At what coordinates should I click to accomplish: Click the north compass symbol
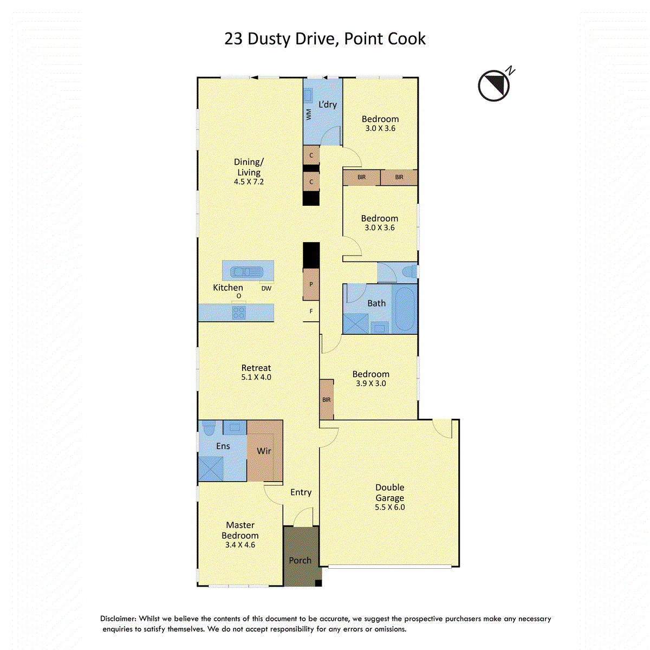point(495,86)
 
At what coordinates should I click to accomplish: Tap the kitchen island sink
point(246,271)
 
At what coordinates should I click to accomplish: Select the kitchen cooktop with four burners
point(239,313)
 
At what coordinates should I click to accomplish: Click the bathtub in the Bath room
point(405,309)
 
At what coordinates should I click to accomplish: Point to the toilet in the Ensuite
point(209,428)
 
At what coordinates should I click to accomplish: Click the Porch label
point(300,560)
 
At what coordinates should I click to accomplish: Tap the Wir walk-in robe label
point(264,451)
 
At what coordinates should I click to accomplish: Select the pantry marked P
point(311,284)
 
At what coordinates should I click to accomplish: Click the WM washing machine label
point(309,114)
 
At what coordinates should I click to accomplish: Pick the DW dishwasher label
point(266,288)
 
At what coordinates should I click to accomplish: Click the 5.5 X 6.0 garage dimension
point(389,507)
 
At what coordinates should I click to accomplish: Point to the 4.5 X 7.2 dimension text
point(249,181)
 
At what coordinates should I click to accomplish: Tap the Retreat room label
point(256,368)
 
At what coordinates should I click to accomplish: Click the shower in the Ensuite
point(211,469)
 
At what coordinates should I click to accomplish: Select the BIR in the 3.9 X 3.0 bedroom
point(327,400)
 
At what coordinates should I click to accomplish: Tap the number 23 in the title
point(233,39)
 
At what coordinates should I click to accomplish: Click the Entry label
point(301,492)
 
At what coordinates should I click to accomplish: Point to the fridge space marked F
point(311,311)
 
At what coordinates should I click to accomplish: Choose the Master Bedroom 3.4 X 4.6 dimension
point(240,545)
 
